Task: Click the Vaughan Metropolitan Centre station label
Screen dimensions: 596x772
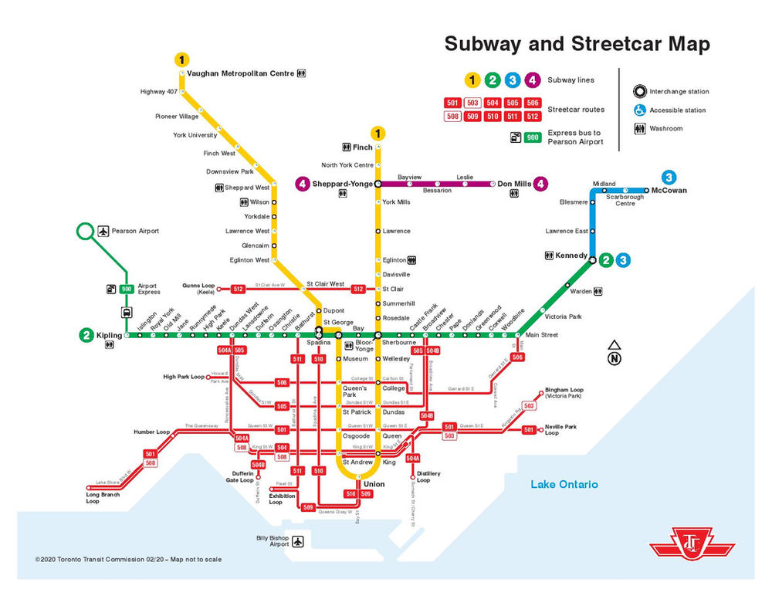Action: click(x=240, y=73)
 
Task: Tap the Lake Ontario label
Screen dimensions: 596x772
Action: click(x=564, y=484)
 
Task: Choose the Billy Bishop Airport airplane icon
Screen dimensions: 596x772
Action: click(x=298, y=540)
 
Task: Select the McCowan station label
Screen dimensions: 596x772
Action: click(x=669, y=190)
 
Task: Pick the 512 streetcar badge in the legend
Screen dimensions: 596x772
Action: click(x=532, y=117)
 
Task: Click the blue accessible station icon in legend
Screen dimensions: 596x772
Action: click(x=639, y=110)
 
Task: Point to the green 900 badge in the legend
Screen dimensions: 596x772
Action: click(x=532, y=137)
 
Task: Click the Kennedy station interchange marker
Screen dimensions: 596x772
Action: click(x=592, y=261)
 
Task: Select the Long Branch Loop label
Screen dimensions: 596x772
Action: click(x=103, y=498)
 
